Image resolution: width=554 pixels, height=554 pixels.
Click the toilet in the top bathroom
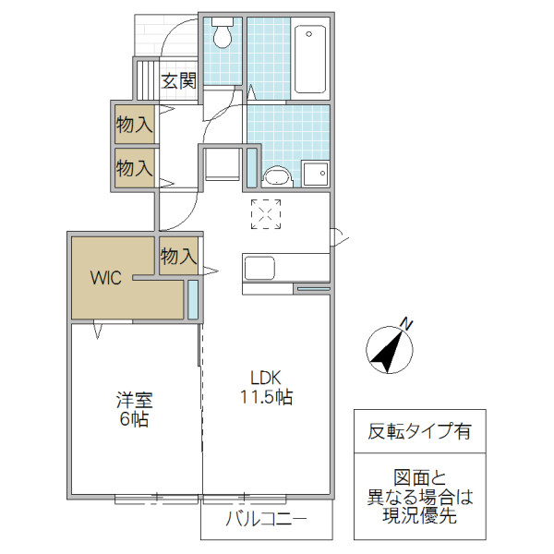223,36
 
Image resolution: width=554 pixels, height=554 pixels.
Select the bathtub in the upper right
310,59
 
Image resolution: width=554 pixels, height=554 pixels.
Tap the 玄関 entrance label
179,81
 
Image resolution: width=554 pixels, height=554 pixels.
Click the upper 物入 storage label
134,123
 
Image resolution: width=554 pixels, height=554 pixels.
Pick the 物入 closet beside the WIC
178,257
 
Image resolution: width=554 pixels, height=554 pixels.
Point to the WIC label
105,279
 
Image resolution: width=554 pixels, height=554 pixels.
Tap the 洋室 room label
134,401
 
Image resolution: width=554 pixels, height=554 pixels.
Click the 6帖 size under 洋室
134,420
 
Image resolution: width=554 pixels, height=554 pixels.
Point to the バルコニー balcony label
266,519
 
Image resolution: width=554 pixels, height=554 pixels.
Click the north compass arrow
389,350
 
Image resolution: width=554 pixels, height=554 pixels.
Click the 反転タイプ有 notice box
418,429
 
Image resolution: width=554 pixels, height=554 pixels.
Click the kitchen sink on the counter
259,268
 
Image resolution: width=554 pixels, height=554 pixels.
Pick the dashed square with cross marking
266,213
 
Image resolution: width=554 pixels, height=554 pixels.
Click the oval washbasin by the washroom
275,175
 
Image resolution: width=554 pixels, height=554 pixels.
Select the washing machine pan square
315,174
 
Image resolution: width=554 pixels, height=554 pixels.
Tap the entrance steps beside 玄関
145,80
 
